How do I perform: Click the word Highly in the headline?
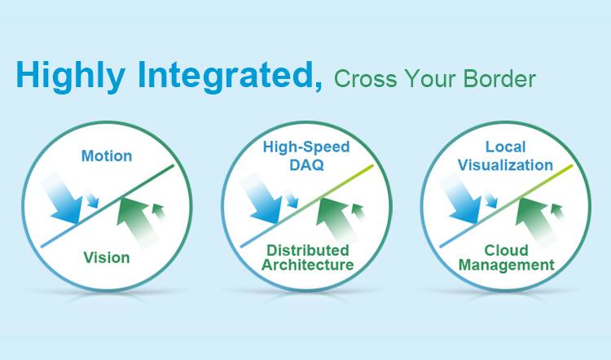[x=71, y=76]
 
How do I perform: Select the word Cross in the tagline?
[x=365, y=79]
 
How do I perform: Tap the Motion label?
[x=107, y=156]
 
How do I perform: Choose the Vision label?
[x=107, y=257]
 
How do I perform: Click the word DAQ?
[x=306, y=165]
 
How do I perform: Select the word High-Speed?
[x=306, y=147]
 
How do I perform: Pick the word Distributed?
[x=307, y=250]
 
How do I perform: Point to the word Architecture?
[x=307, y=265]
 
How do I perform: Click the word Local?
[x=505, y=147]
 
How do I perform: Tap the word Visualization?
[x=505, y=165]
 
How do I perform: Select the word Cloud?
[x=506, y=250]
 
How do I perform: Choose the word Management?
[x=506, y=266]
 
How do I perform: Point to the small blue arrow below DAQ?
[x=292, y=199]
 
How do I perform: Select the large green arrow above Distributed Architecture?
[x=336, y=221]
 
